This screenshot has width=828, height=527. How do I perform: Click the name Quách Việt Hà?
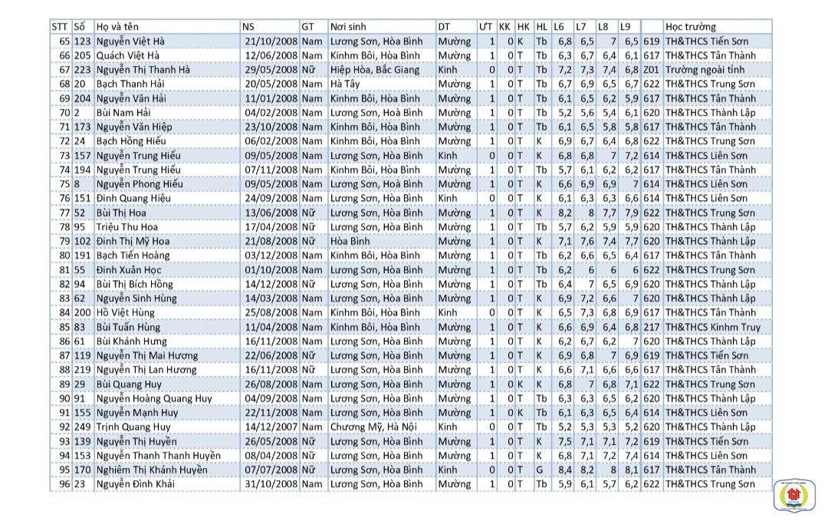coord(128,55)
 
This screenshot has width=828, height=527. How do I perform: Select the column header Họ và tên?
coord(118,27)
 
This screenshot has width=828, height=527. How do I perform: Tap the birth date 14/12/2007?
coord(269,427)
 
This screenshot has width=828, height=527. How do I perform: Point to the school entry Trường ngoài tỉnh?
coord(705,70)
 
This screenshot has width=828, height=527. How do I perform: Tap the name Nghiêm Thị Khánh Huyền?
coord(152,470)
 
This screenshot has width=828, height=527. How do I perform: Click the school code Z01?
coord(652,70)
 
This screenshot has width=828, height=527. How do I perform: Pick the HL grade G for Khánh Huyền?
coord(540,470)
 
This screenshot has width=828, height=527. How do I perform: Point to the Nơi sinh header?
coord(348,27)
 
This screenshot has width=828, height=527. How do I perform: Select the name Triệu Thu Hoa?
coord(122,227)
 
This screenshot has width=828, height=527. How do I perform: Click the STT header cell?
coord(60,27)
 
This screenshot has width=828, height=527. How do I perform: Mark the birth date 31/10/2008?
coord(269,484)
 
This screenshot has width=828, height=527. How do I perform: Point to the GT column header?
coord(308,27)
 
